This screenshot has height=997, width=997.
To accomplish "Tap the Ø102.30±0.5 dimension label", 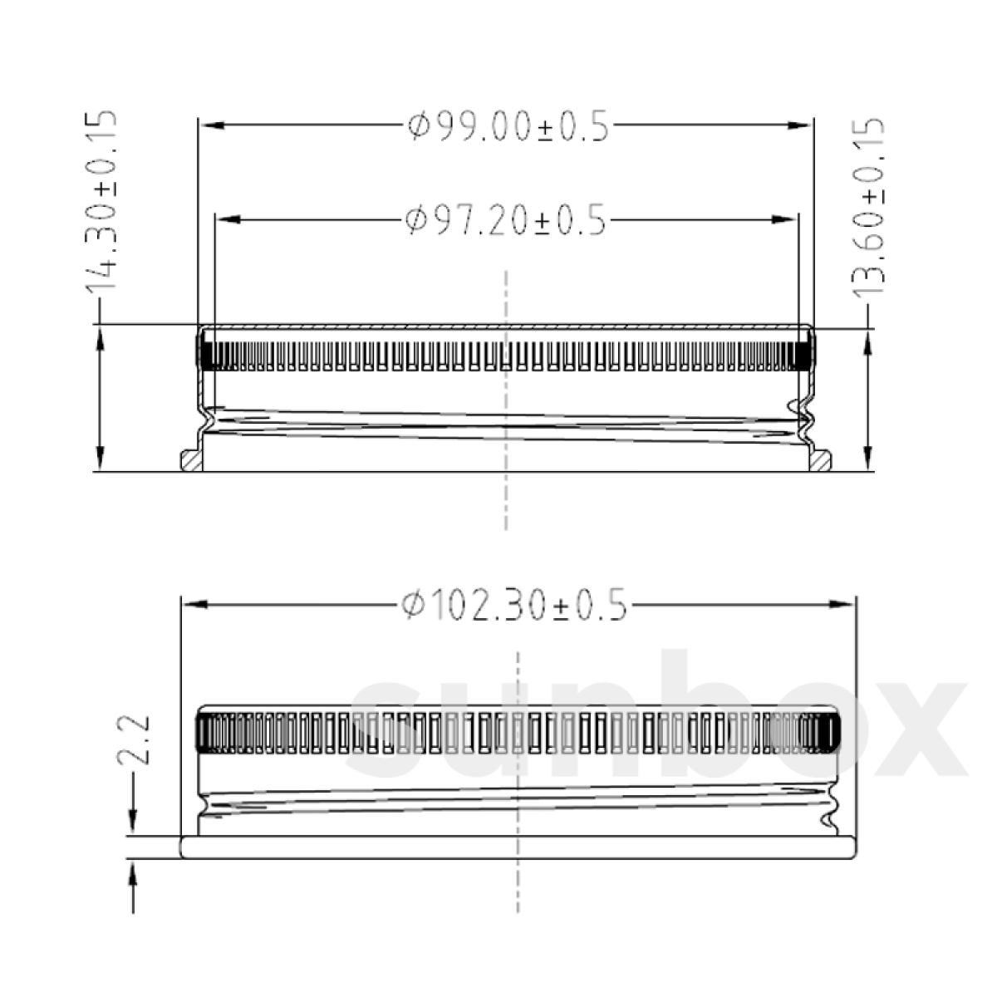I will click(x=513, y=605).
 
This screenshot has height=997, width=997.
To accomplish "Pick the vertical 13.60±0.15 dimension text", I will click(x=869, y=212).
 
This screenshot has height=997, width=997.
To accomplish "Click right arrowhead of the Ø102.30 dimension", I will click(x=842, y=605).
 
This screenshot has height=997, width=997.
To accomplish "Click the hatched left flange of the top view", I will click(x=191, y=460).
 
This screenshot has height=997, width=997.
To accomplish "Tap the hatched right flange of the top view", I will click(x=822, y=460).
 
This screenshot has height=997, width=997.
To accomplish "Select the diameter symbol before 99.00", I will click(x=419, y=127).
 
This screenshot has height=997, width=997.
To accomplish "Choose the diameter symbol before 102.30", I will click(x=412, y=605).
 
